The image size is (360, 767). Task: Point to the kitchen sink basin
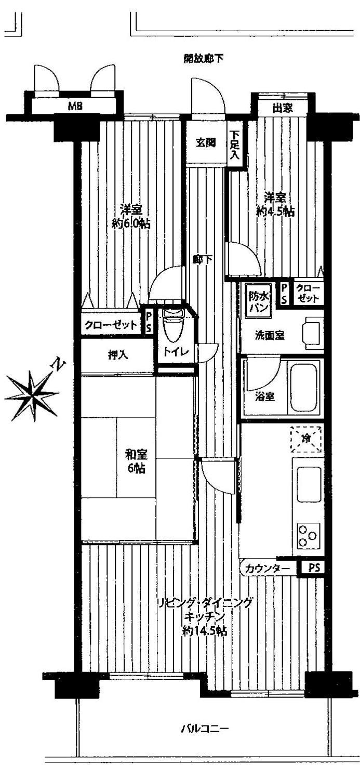(x=309, y=485)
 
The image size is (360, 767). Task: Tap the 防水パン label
(x=258, y=301)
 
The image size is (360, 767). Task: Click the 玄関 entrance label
(x=206, y=143)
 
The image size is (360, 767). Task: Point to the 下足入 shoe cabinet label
(x=235, y=144)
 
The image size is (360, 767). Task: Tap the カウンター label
(x=269, y=568)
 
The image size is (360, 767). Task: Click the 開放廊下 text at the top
(x=204, y=58)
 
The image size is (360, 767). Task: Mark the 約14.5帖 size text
(x=204, y=631)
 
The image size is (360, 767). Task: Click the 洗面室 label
(x=269, y=335)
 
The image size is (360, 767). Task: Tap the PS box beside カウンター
(x=314, y=568)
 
